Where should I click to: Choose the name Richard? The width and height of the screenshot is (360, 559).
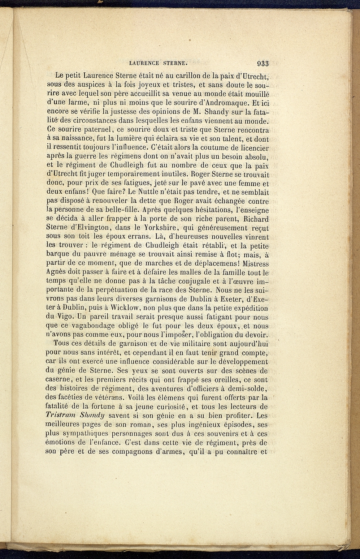[254, 219]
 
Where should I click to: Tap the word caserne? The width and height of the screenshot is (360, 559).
[60, 380]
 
